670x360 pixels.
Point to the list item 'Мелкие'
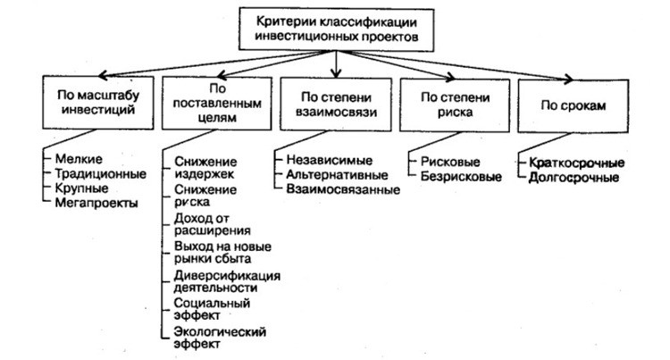pos(73,159)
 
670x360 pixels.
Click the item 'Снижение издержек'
pos(206,168)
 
